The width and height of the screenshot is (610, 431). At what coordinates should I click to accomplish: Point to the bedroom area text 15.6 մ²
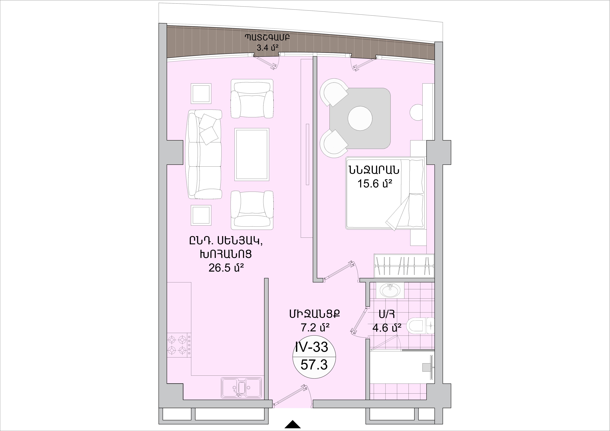point(375,183)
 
